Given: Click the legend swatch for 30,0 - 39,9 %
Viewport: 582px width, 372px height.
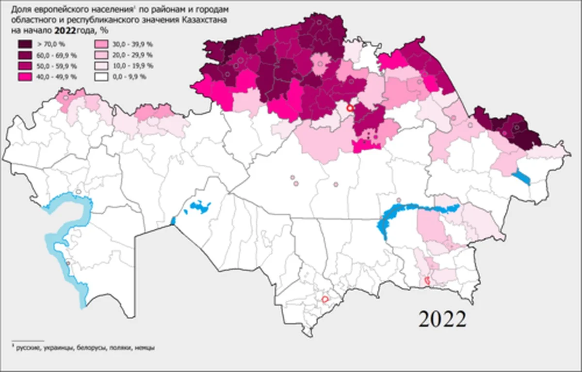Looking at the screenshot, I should (x=100, y=44).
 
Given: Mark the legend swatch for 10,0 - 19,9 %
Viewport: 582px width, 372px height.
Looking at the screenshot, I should (x=100, y=65).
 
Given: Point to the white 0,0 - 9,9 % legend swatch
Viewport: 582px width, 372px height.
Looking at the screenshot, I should (x=100, y=76).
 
